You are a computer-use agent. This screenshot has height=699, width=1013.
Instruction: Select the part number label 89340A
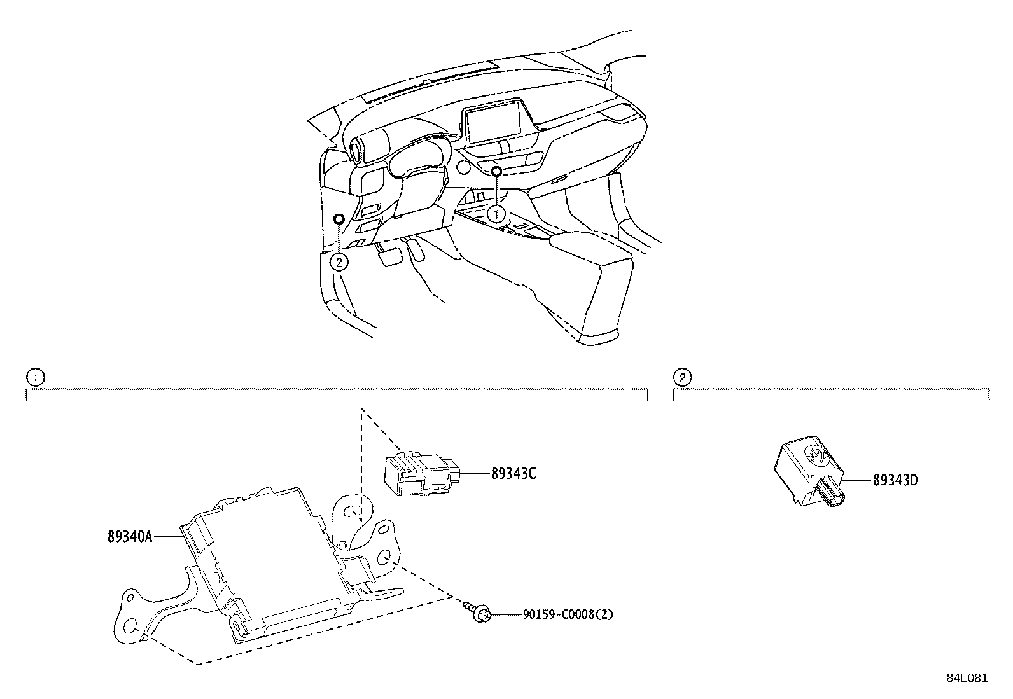pos(130,537)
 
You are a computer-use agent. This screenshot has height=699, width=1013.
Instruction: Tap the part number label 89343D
pos(895,480)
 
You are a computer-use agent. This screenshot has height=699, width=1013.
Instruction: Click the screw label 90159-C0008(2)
pos(568,614)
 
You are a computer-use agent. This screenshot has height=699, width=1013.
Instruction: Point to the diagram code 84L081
pos(967,678)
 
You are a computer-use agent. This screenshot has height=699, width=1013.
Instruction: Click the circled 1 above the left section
pos(34,378)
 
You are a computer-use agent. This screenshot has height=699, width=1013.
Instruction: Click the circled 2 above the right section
pos(681,378)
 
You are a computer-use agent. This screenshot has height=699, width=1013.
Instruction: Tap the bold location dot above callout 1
pos(496,171)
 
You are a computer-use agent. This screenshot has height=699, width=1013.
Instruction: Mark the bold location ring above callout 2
pos(340,219)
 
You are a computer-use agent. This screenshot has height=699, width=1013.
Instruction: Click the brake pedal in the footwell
pos(389,256)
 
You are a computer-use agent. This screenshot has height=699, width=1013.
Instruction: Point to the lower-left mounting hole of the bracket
pos(131,626)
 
